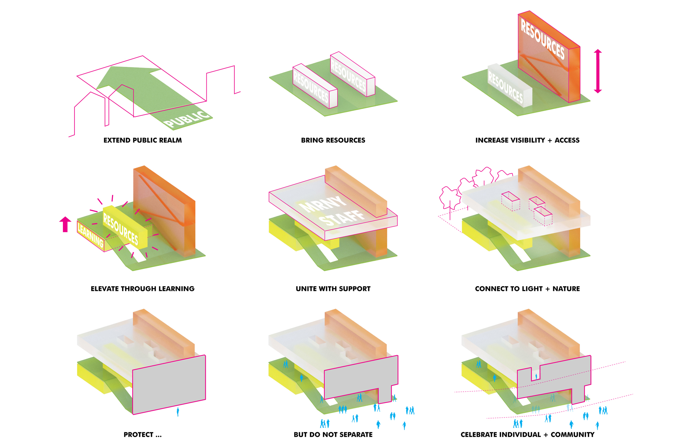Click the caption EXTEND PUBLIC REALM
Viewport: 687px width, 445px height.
click(143, 140)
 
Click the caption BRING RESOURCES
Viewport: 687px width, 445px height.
click(333, 140)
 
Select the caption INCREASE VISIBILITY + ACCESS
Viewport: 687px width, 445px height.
click(527, 140)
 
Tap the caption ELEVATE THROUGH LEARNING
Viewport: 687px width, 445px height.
click(143, 289)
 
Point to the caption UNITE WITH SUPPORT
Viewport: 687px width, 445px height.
click(333, 289)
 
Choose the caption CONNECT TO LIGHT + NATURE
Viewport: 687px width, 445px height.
click(527, 289)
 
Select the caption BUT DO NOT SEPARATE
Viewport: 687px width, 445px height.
click(333, 435)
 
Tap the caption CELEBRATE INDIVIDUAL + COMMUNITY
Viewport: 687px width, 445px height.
click(527, 435)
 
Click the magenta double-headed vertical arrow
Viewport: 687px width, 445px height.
click(598, 71)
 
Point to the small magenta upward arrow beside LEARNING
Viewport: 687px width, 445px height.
click(65, 224)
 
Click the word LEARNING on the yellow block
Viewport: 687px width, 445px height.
click(90, 234)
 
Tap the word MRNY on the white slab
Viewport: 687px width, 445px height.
click(323, 204)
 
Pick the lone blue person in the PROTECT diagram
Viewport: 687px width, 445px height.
click(178, 412)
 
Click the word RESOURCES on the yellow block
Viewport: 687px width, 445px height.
click(121, 229)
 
